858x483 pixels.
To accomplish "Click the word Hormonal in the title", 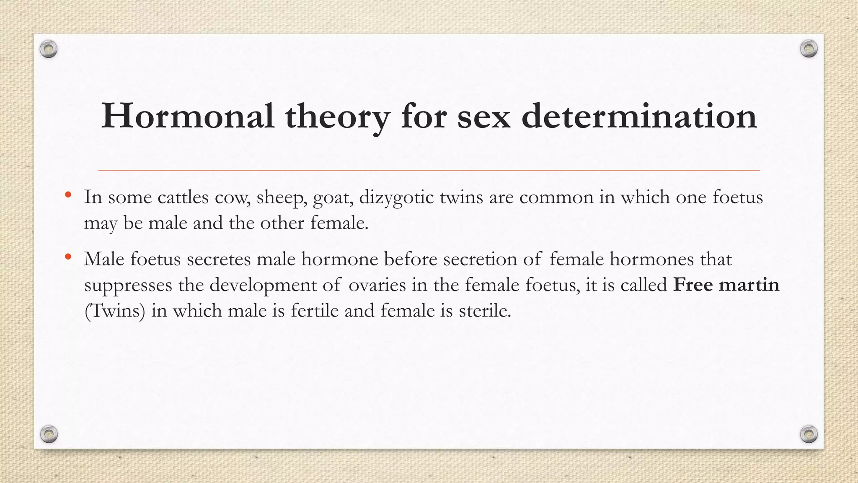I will click(x=188, y=116).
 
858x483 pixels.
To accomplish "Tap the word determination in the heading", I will click(x=639, y=116).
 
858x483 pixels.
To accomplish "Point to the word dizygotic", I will click(x=396, y=197).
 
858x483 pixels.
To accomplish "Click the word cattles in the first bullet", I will click(x=183, y=197).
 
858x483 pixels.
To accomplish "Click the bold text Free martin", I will click(x=726, y=285).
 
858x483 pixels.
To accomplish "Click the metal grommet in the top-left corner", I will click(x=49, y=49).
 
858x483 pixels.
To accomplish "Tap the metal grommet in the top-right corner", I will click(x=809, y=49).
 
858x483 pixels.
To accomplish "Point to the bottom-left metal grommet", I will click(x=49, y=434).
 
